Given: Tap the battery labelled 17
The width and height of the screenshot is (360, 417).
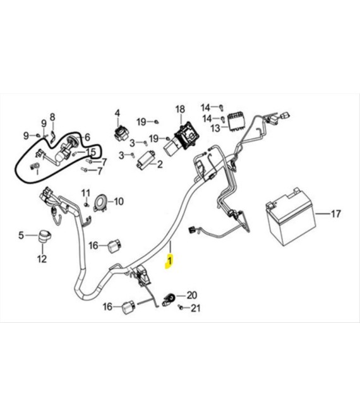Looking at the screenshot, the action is pos(291,217).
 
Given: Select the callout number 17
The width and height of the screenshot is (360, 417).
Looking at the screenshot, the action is pos(335,214).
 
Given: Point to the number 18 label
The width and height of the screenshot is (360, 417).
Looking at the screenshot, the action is pos(180,109).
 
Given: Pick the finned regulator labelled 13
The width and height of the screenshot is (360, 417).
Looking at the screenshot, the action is pos(236,121).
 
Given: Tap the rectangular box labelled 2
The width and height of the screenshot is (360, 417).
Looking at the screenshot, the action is pos(146,159).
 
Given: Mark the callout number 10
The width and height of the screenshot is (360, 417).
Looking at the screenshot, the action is pos(119,202).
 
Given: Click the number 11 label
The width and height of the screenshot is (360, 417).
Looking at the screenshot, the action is pos(86,193).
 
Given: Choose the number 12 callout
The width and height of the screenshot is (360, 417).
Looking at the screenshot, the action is pos(42,259).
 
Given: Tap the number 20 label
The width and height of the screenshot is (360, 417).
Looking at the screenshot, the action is pos(192,295).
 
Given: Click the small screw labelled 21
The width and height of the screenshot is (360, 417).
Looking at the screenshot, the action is pos(181,307).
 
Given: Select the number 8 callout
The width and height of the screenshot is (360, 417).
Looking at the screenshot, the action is pos(52,117).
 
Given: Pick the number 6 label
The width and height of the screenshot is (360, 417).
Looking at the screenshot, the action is pos(88,137).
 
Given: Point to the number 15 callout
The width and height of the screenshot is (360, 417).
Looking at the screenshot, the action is pos(91,152).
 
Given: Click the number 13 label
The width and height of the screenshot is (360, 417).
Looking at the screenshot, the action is pos(215,128).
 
